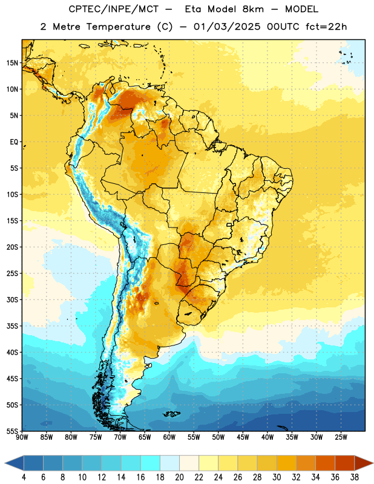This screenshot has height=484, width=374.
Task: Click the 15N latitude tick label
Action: click(x=11, y=63)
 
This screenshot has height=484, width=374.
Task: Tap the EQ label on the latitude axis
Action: click(x=14, y=142)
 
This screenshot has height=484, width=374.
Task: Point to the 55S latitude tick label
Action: click(x=11, y=431)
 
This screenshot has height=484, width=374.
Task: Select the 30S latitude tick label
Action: click(x=11, y=299)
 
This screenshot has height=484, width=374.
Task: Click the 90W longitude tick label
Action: click(x=22, y=437)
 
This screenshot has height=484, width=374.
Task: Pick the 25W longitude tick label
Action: click(x=341, y=437)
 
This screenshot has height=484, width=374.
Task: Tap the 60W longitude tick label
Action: click(x=169, y=437)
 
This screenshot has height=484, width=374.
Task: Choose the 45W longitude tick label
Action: click(x=243, y=437)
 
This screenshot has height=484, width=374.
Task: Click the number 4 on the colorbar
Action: click(x=24, y=477)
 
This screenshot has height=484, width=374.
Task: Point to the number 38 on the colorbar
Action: click(x=355, y=477)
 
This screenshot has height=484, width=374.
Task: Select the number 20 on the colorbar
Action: click(x=179, y=477)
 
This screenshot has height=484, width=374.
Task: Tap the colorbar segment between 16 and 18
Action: click(x=151, y=463)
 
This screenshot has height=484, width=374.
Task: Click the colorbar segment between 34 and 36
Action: click(x=325, y=463)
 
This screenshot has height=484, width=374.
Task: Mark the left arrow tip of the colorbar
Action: click(x=5, y=463)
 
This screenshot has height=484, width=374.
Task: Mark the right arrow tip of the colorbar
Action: click(x=373, y=463)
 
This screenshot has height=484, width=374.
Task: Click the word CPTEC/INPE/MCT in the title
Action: click(x=114, y=9)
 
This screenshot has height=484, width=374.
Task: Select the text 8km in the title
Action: click(x=253, y=9)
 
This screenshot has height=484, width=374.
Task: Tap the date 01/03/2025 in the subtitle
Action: click(x=227, y=27)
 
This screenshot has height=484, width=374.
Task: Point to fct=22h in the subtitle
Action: click(x=326, y=27)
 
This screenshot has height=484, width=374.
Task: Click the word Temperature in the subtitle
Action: click(x=118, y=27)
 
